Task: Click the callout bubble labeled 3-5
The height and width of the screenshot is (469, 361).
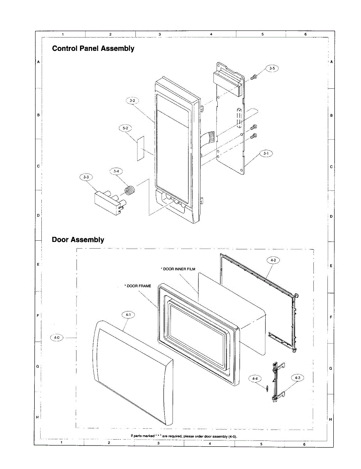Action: (x=272, y=68)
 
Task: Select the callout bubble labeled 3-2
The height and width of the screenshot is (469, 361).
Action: (x=132, y=101)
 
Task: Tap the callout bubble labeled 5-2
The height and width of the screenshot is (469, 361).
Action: (x=125, y=128)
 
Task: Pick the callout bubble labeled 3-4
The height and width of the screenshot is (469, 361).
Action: (x=116, y=171)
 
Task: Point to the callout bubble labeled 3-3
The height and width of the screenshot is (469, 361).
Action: (x=86, y=177)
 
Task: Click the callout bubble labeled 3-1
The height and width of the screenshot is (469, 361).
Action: (x=266, y=154)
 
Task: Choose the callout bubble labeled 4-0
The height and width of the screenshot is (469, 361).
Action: (x=57, y=337)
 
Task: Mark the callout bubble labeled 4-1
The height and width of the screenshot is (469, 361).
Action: (x=128, y=314)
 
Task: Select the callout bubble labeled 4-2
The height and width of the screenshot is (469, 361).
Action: (x=273, y=260)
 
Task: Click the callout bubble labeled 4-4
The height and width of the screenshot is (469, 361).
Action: (x=255, y=379)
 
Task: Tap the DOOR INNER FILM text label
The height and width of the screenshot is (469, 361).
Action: (x=178, y=269)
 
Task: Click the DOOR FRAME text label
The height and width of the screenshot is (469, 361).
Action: (x=138, y=286)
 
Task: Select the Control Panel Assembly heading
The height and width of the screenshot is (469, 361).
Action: (x=93, y=49)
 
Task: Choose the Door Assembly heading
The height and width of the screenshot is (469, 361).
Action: (x=78, y=240)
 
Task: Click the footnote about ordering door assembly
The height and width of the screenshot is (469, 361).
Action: (x=183, y=436)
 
